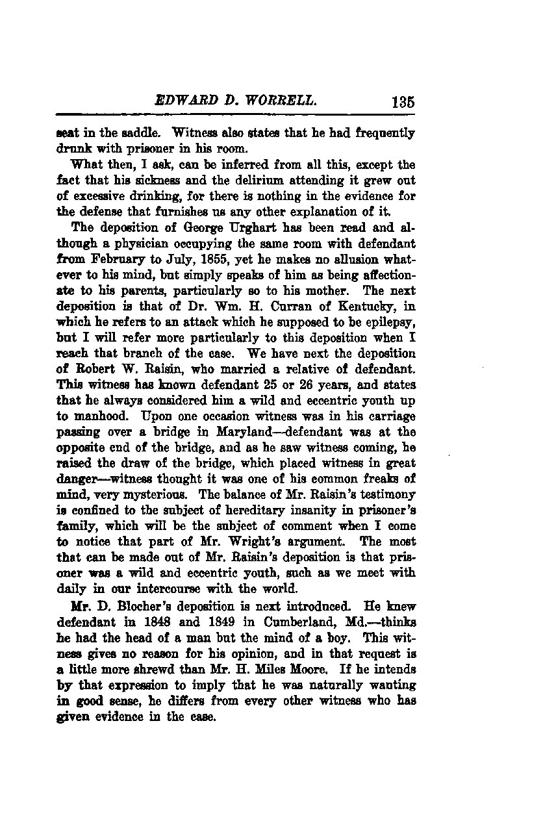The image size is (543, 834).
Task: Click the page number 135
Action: (x=403, y=102)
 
